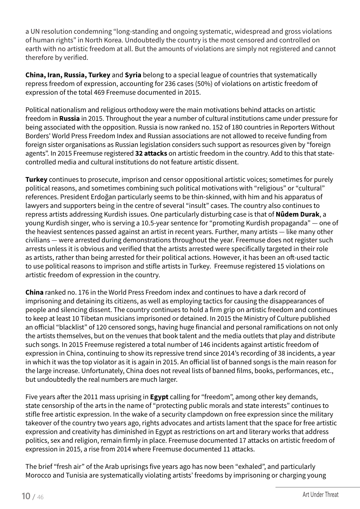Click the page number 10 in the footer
click(26, 496)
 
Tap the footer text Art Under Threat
click(320, 495)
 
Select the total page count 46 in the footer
click(40, 497)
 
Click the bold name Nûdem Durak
click(297, 214)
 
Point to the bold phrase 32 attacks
click(151, 153)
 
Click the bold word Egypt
click(159, 397)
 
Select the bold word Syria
click(133, 75)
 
